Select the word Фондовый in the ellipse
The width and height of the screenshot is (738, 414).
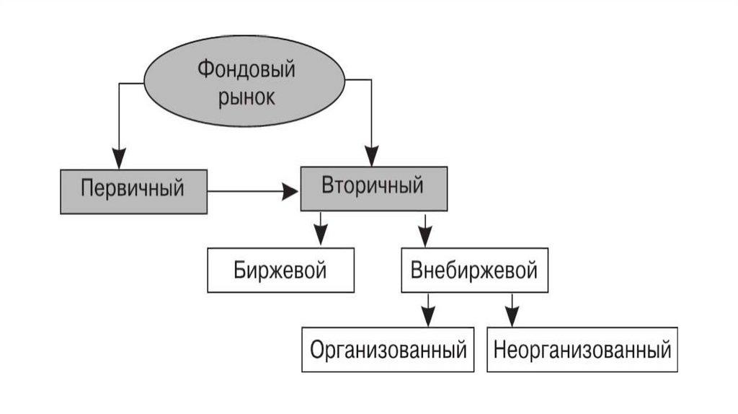click(236, 71)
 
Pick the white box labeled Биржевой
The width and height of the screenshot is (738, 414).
click(280, 270)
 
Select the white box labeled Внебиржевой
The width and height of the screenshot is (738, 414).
click(474, 270)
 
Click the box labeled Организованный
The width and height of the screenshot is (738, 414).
click(388, 351)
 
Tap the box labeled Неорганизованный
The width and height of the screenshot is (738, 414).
click(583, 351)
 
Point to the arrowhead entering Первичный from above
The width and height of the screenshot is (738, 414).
click(119, 159)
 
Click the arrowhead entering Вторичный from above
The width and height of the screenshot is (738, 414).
click(371, 156)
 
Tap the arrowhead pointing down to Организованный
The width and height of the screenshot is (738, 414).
click(428, 315)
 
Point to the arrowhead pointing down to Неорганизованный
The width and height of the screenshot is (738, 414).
click(512, 315)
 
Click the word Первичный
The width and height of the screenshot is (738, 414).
click(133, 190)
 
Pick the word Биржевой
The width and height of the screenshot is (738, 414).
click(280, 270)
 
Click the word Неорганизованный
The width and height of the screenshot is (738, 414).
click(583, 351)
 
